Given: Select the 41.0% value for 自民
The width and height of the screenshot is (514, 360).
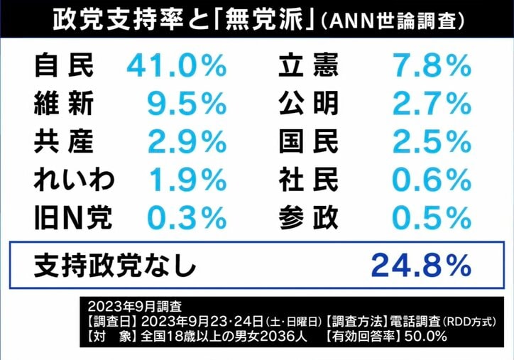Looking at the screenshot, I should pos(177,67).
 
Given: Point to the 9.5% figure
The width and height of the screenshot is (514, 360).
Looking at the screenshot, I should pos(186,104).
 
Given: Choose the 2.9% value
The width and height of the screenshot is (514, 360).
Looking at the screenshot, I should pos(186,143).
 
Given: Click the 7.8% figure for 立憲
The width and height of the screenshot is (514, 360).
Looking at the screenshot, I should pos(432,67).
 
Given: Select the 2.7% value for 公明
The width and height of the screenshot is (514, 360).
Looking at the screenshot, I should pos(432,104).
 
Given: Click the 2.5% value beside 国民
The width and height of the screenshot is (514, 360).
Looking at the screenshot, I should pos(432,143).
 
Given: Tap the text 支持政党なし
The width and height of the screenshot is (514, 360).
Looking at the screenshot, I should pos(114,266).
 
